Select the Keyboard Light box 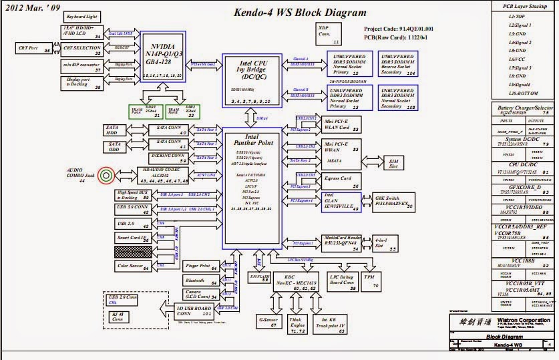coord(83,16)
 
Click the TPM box coord(370,280)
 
